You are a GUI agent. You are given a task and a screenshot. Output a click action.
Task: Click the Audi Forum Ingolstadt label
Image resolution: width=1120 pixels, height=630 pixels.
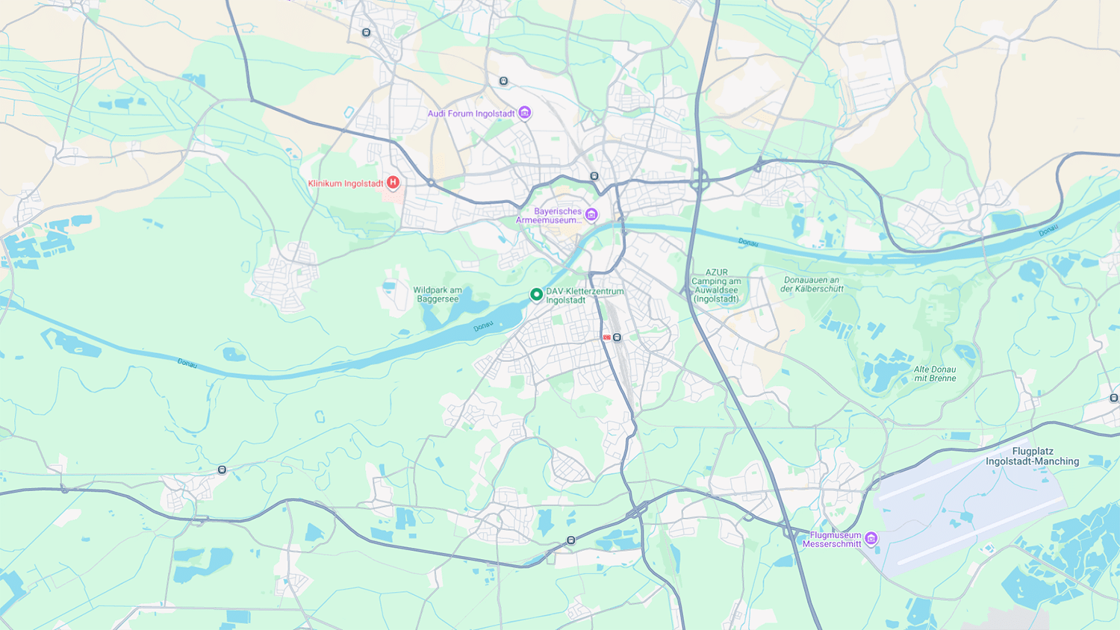click(x=471, y=113)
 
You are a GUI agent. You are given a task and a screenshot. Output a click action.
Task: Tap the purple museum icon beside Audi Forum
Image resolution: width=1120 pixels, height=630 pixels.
click(x=525, y=113)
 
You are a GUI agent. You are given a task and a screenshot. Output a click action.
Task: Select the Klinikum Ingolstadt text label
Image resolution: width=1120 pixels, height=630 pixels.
click(x=346, y=184)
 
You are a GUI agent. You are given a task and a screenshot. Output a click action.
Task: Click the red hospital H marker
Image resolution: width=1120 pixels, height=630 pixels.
click(x=393, y=183)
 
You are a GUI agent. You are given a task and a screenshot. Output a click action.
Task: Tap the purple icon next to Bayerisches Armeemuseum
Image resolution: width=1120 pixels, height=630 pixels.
click(x=591, y=215)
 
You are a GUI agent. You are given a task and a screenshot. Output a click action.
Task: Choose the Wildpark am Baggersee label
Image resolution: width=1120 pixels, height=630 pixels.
click(x=438, y=295)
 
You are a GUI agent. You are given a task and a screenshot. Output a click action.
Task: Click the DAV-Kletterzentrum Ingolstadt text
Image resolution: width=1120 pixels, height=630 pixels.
click(x=584, y=296)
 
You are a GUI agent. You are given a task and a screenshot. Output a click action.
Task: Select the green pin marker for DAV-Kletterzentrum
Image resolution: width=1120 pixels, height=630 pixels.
click(x=536, y=295)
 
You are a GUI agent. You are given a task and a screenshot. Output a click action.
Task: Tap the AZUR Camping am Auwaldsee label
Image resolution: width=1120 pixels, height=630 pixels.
click(x=716, y=286)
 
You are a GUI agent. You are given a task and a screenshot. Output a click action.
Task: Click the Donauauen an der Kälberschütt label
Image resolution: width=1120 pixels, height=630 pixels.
click(x=812, y=284)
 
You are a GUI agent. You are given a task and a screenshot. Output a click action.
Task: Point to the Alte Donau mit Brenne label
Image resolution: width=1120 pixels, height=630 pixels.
click(x=935, y=374)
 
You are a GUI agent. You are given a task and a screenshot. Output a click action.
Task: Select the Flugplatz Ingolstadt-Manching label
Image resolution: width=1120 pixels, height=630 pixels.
click(x=1032, y=456)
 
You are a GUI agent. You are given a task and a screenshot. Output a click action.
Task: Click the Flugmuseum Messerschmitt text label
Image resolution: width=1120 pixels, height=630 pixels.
click(x=833, y=540)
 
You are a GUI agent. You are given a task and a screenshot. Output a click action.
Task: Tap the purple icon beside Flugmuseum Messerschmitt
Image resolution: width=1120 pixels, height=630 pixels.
click(x=871, y=539)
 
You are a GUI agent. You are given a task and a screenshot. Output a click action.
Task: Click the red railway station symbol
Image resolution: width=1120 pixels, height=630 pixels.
click(x=607, y=337)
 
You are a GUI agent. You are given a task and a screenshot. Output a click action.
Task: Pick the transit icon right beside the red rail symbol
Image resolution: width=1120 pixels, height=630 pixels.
click(x=617, y=337)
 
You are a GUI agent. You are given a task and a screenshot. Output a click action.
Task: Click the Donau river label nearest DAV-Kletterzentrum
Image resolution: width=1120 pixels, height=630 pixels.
click(x=483, y=326)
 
